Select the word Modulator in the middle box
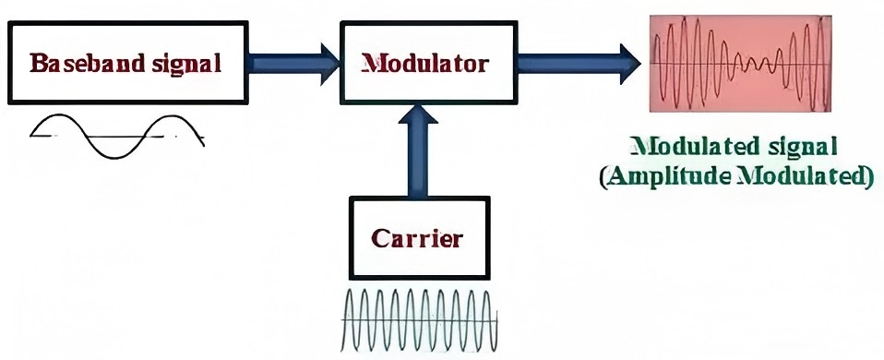424,65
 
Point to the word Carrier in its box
416,238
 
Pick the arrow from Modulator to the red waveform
577,64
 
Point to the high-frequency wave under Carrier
421,318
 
